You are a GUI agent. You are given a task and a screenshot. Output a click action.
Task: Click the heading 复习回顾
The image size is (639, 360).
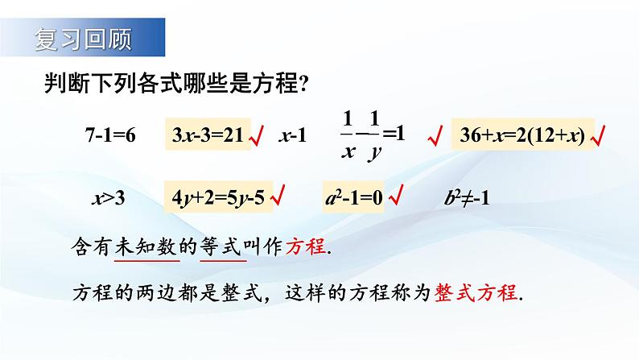[84, 37]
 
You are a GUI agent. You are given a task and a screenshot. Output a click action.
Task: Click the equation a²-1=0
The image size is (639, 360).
[356, 197]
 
